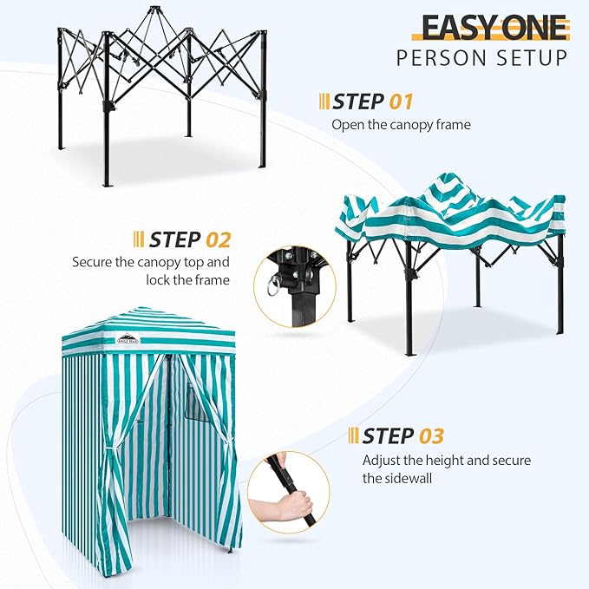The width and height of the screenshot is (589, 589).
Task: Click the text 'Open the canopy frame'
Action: [x=401, y=125]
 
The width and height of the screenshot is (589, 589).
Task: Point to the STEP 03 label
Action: [x=403, y=435]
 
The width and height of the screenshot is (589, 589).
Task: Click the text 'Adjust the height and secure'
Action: [x=446, y=460]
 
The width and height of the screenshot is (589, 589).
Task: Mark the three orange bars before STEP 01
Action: [x=324, y=101]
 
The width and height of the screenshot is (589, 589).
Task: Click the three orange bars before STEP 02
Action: [x=139, y=239]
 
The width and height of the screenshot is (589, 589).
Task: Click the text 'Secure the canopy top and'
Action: [x=151, y=261]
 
